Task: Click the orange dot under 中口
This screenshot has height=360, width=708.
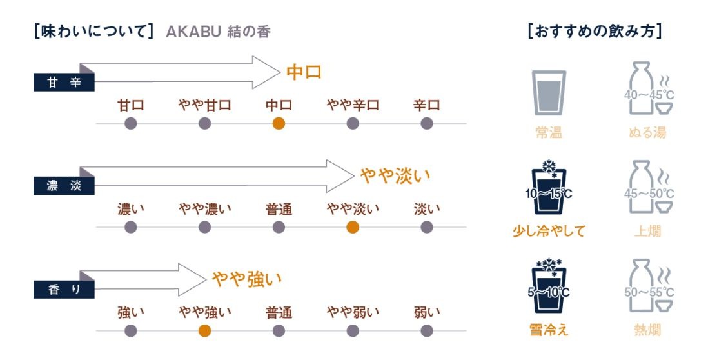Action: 279,123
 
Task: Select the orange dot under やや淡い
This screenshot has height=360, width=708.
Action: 353,227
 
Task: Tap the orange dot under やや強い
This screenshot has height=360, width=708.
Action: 204,331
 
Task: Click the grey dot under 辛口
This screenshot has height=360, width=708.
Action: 427,123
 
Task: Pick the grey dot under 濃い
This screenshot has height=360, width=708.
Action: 130,227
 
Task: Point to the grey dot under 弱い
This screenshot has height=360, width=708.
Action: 427,331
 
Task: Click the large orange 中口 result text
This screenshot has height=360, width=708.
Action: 304,72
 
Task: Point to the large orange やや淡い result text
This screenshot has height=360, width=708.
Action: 395,175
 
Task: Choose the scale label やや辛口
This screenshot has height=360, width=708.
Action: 353,105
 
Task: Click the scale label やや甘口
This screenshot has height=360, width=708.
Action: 204,105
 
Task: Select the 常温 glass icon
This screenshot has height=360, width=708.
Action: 549,93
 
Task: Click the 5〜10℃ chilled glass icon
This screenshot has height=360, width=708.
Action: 549,286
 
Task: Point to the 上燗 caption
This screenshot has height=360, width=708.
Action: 647,231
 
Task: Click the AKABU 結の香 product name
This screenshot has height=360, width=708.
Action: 219,32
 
